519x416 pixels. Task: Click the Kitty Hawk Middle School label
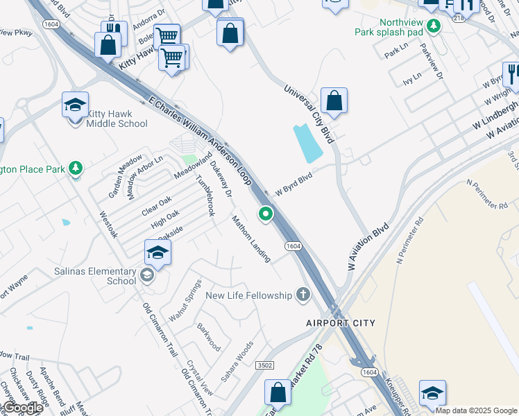[117, 119]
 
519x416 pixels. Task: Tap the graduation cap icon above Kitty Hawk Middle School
[75, 105]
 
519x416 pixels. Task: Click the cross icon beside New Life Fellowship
[302, 295]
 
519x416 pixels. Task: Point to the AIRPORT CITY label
[341, 323]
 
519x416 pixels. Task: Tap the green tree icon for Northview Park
[434, 26]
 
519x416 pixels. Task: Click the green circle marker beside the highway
[265, 214]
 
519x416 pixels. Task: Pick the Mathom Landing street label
[251, 239]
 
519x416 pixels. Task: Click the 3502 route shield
[264, 365]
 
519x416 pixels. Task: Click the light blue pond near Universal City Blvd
[308, 143]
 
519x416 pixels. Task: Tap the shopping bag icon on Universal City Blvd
[334, 101]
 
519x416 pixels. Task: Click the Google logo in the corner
[22, 408]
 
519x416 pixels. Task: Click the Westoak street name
[108, 225]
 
